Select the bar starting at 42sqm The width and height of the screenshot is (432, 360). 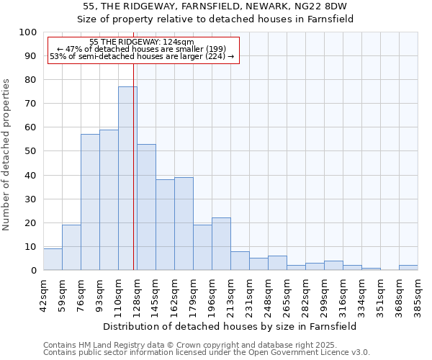point(53,259)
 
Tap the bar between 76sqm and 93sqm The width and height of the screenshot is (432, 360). point(90,202)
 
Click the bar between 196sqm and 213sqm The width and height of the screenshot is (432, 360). point(221,244)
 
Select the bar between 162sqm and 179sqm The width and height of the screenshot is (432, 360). point(184,224)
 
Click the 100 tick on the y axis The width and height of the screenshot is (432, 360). point(27,32)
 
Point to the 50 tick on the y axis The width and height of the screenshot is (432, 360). point(30,151)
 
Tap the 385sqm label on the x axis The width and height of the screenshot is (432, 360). point(418,294)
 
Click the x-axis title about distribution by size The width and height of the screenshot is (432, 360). point(230,326)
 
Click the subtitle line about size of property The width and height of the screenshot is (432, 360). point(215,19)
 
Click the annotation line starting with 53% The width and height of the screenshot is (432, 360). point(142,56)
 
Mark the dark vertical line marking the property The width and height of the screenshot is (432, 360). point(134,166)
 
